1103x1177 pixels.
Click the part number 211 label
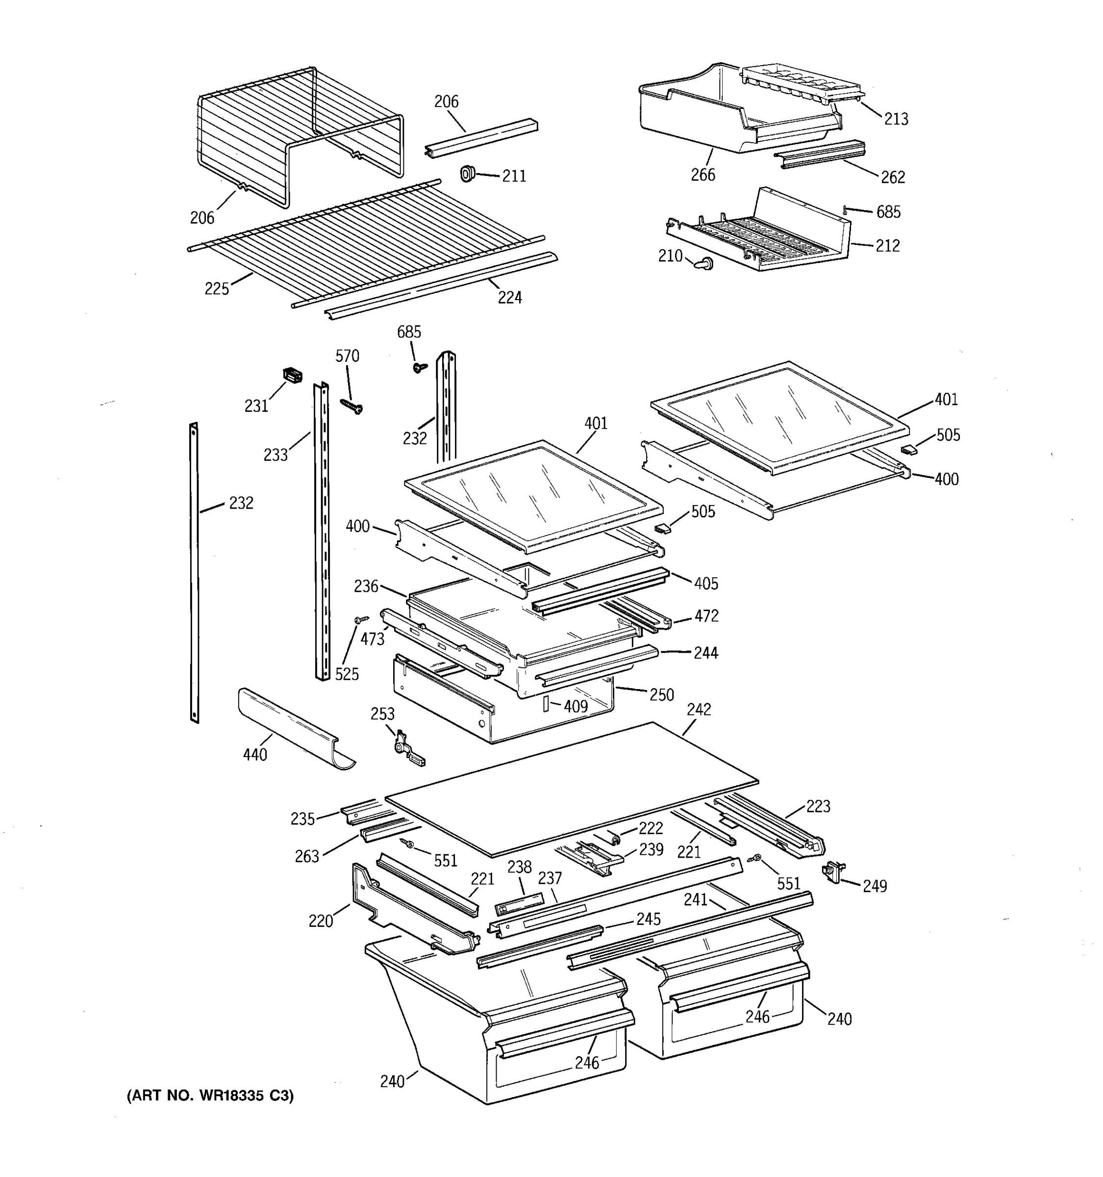(514, 176)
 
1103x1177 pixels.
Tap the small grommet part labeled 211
(468, 174)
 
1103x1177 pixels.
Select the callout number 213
(896, 119)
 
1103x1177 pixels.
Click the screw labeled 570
(351, 406)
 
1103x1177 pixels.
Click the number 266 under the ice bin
(703, 175)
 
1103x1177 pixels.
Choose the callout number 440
(255, 754)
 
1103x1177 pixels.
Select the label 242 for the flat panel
(699, 709)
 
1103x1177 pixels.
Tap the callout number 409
(575, 706)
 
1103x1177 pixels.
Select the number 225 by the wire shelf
(217, 288)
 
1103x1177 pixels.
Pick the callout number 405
(706, 583)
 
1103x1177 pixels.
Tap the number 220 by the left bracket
(321, 921)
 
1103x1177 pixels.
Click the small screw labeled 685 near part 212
(846, 209)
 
